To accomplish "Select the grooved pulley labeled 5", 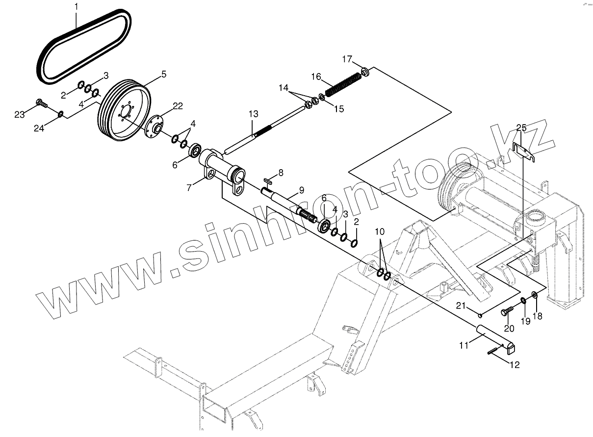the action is (125, 112).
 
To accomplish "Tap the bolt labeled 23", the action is (41, 103).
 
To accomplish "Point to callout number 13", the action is (253, 114).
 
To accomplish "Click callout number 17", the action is (347, 59).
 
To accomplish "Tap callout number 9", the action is (301, 189).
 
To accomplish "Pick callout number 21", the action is (461, 306).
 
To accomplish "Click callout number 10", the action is (380, 231).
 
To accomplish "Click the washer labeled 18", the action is (535, 296).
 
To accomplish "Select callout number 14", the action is (284, 87).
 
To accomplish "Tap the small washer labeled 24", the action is (60, 114).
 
